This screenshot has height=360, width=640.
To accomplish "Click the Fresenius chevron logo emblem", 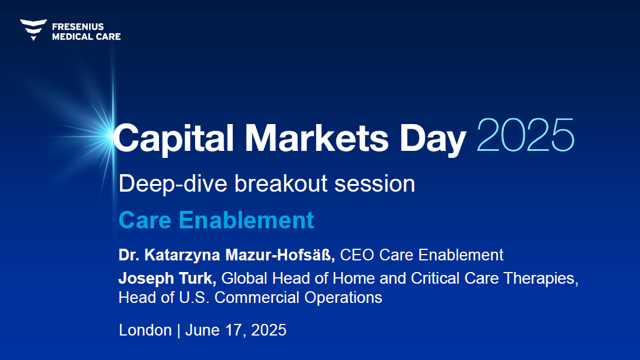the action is click(33, 30).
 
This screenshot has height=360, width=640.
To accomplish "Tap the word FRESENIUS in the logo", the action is click(78, 27).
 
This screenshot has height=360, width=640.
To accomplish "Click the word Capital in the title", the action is click(174, 138).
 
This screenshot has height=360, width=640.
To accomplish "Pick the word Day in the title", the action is click(433, 139).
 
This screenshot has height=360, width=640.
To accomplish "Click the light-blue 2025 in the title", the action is click(525, 135).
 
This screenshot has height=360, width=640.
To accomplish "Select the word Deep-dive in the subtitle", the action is click(173, 183).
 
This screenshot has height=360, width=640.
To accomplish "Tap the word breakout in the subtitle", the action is click(281, 183).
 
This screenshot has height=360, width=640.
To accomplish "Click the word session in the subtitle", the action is click(374, 183).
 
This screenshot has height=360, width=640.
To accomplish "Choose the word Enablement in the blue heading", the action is click(246, 220).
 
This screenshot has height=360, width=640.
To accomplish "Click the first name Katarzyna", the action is click(182, 255).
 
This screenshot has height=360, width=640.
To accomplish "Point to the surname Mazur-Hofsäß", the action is click(280, 255).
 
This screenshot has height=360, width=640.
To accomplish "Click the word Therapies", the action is click(541, 279).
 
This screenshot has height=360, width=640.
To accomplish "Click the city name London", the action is click(146, 330).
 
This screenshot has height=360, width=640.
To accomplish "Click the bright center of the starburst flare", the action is click(111, 135).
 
